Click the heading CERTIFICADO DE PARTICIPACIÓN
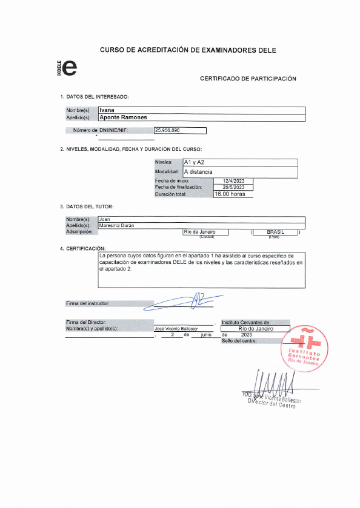[248, 79]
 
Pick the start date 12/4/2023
[233, 181]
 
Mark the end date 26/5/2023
[233, 187]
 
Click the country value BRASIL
[275, 232]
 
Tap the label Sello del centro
[239, 341]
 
